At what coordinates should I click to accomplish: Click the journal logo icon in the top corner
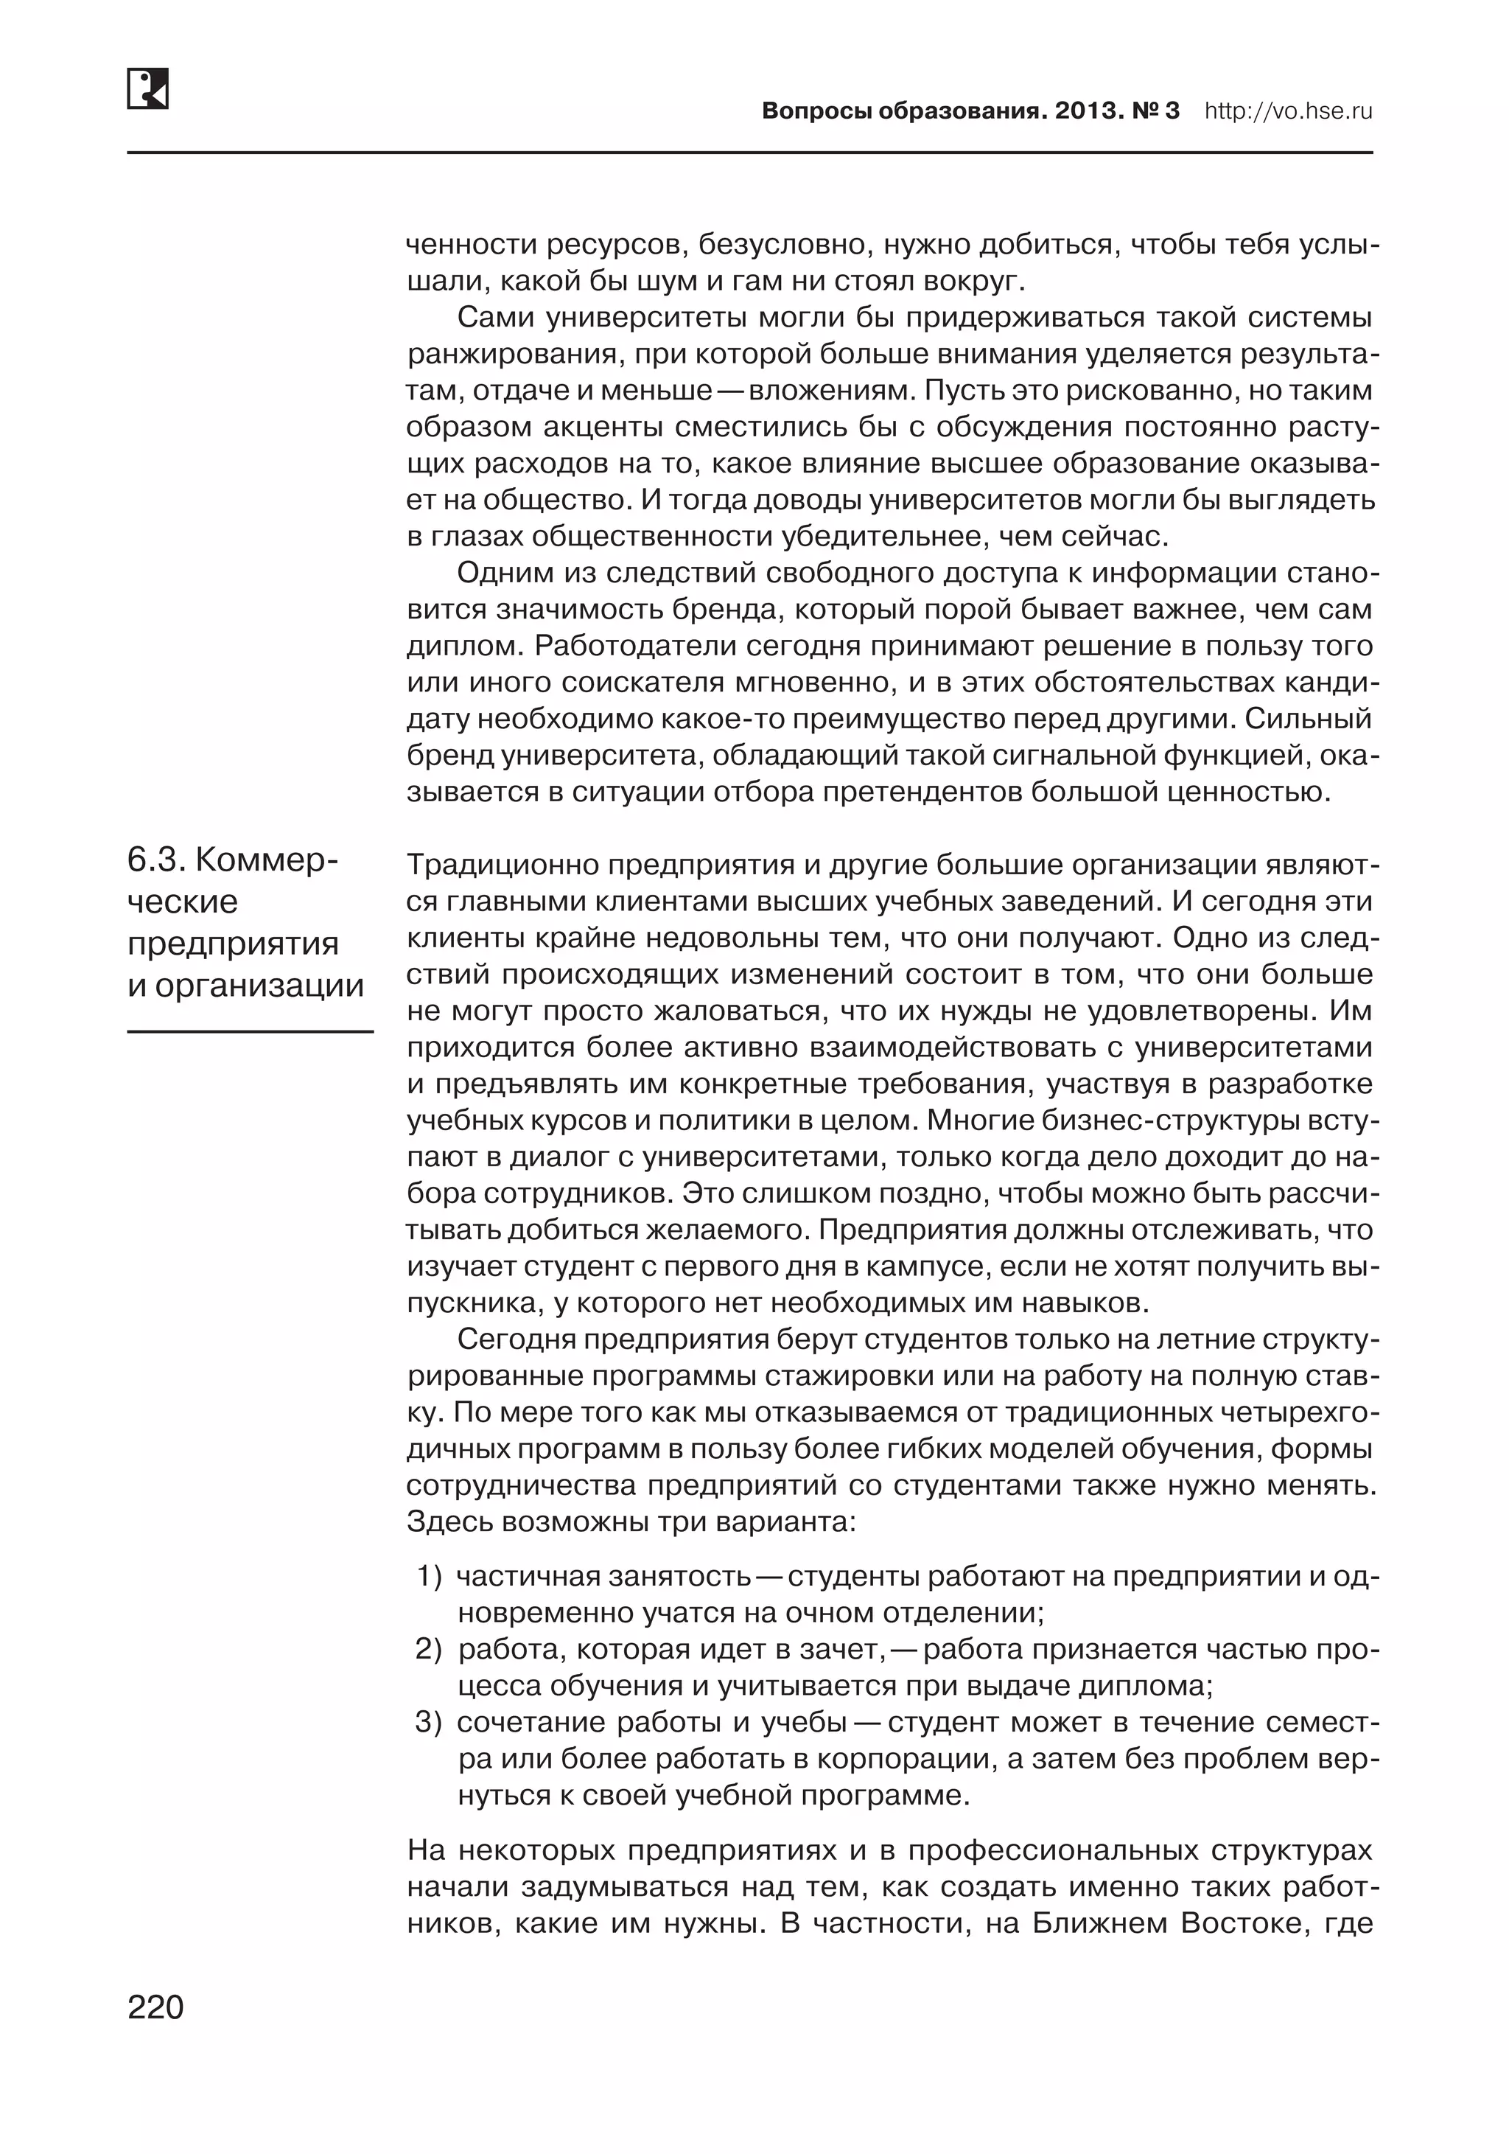coord(147,89)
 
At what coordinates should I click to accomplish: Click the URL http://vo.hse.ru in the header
coord(1288,111)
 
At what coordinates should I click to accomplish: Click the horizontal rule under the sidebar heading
coord(250,1032)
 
